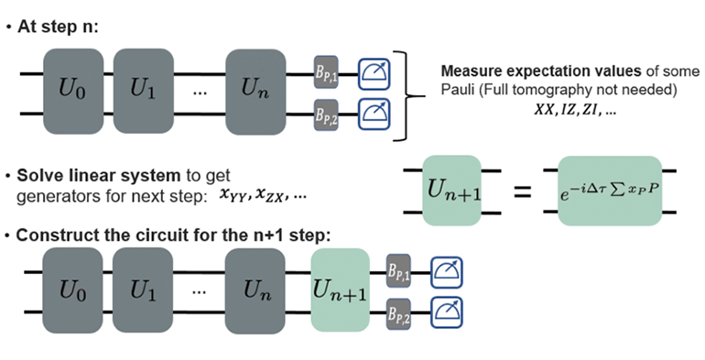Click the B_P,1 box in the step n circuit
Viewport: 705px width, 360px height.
pos(327,71)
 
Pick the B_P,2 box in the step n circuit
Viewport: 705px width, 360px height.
pos(327,115)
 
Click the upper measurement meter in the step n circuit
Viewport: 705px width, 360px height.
pos(374,71)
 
